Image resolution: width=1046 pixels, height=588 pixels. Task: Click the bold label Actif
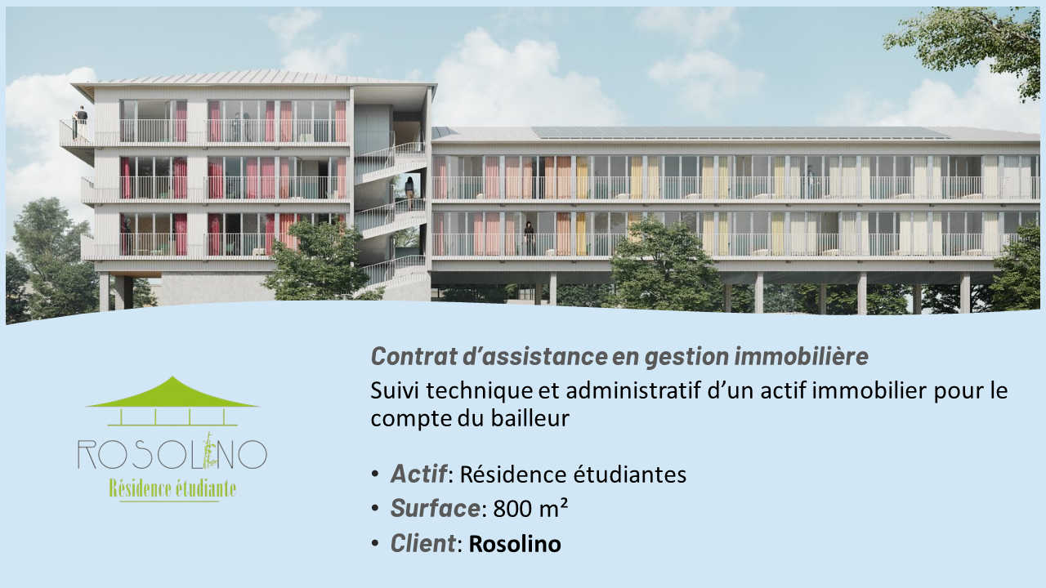418,474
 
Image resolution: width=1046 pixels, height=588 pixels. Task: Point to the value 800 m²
530,508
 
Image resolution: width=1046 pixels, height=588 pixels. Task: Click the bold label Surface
435,508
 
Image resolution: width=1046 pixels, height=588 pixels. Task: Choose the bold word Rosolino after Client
515,544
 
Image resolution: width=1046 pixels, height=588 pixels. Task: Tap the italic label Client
423,543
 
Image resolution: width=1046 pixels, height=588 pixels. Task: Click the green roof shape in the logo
172,394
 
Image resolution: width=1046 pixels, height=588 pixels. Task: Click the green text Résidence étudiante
172,488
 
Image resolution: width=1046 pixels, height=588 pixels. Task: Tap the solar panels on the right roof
740,132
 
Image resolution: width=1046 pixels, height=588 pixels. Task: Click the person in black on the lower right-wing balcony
530,238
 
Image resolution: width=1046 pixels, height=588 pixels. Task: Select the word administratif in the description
628,390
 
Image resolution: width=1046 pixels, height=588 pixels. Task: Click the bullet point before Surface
375,509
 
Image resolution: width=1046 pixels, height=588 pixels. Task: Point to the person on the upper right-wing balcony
810,181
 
